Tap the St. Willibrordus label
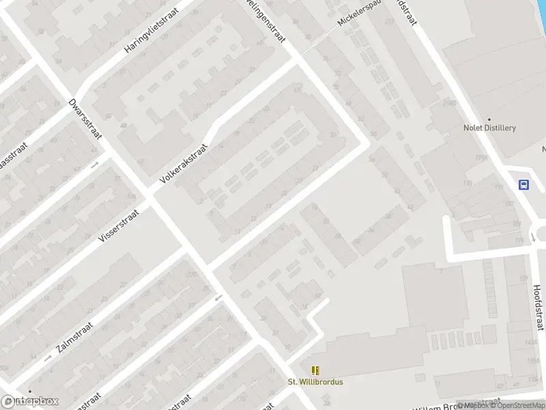point(315,382)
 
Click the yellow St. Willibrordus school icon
point(315,370)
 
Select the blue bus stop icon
point(523,184)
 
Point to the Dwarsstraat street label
point(85,119)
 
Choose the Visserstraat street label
point(119,225)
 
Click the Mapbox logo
point(30,402)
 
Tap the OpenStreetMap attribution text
point(519,405)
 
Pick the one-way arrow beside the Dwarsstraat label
point(96,164)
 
